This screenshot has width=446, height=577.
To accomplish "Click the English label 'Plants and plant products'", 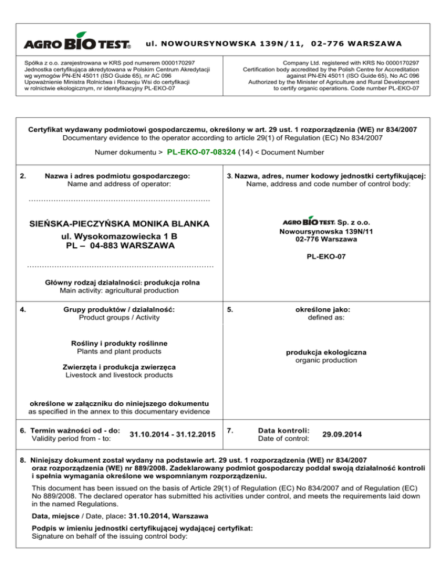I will point(119,352).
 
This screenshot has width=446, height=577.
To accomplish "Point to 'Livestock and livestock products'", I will point(119,376).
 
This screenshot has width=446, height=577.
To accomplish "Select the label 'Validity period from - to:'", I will point(67,439).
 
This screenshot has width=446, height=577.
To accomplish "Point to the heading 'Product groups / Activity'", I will point(119,317).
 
